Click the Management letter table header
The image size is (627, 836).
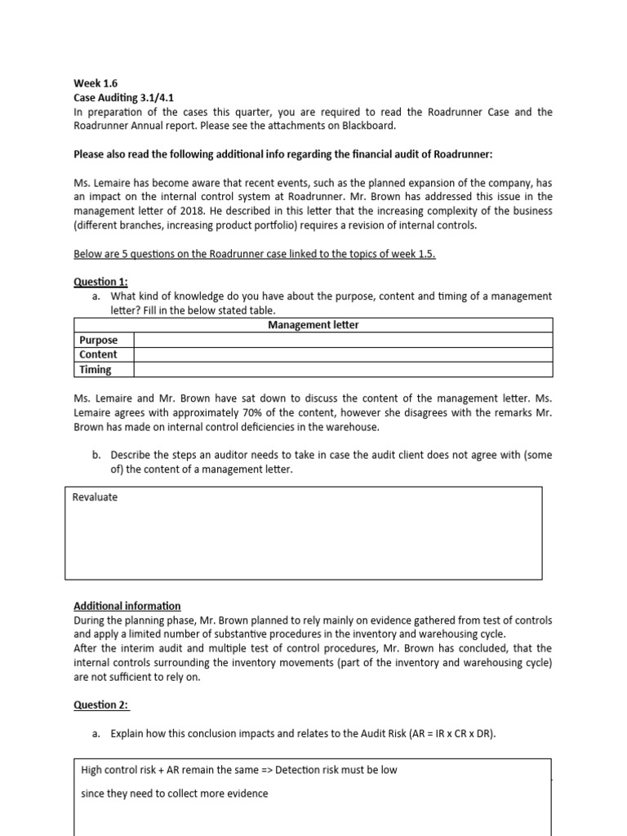[313, 325]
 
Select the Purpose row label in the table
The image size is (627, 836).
[97, 340]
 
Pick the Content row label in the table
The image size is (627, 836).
[98, 355]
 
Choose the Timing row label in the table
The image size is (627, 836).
[96, 370]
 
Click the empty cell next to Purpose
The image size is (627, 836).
[343, 340]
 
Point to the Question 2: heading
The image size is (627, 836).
[100, 705]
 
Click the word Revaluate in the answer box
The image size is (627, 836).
[95, 497]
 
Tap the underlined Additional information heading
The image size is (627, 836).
[127, 606]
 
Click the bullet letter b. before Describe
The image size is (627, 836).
[96, 455]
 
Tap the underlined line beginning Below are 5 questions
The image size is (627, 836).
[255, 254]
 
